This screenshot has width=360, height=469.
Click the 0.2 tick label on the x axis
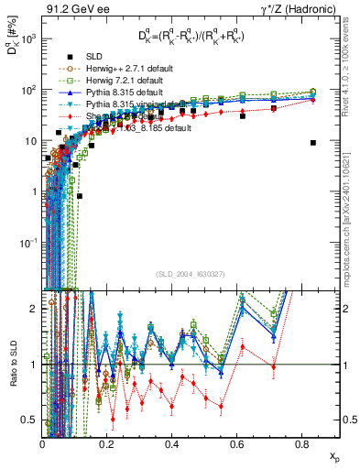108,444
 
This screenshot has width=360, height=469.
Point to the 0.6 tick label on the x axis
237,444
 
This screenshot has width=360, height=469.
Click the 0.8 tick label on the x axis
302,444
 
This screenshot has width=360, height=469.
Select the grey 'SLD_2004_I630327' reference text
192,273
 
